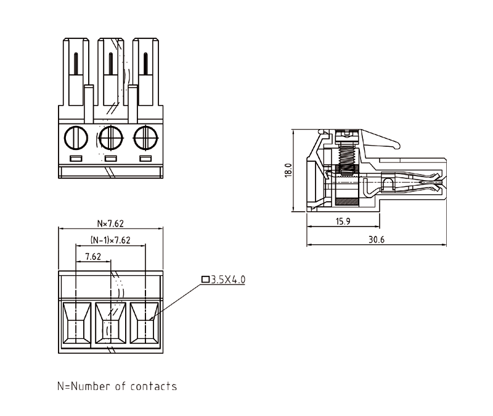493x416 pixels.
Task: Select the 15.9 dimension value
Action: click(x=344, y=222)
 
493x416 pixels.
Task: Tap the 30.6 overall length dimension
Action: click(x=376, y=239)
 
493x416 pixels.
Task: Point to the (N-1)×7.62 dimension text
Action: click(x=110, y=240)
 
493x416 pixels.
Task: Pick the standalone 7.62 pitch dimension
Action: click(x=93, y=256)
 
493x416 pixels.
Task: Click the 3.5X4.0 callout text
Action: click(x=228, y=280)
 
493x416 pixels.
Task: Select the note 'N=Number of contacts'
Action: click(x=117, y=387)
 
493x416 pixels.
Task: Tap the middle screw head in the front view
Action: click(x=111, y=136)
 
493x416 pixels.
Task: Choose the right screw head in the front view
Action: click(x=145, y=136)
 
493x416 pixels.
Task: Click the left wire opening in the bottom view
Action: click(x=76, y=323)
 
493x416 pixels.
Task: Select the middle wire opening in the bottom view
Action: click(x=111, y=323)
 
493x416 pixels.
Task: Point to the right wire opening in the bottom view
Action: click(x=145, y=323)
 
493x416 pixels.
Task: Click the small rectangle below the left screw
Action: click(x=76, y=159)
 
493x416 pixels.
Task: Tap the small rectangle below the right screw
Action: click(x=145, y=159)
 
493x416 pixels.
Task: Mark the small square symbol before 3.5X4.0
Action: click(x=205, y=280)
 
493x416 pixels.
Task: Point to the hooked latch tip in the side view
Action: click(x=395, y=146)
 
